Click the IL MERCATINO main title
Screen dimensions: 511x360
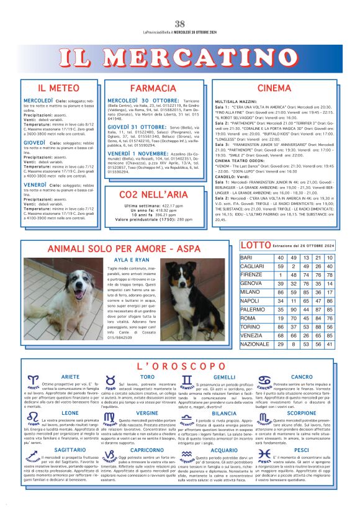pos(180,59)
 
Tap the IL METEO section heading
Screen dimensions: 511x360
pos(58,88)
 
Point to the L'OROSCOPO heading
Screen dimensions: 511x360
pos(180,366)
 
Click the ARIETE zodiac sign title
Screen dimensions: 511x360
pos(70,377)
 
